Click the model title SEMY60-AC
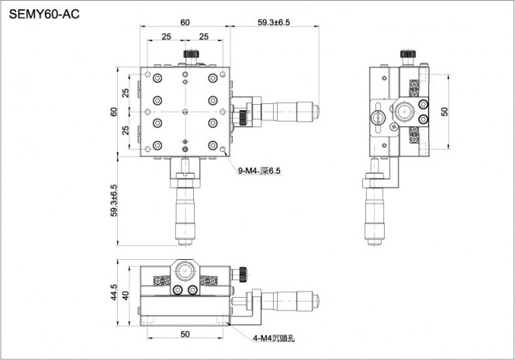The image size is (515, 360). point(44,14)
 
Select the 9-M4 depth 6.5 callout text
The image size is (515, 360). point(259,171)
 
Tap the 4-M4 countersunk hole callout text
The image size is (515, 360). point(274,338)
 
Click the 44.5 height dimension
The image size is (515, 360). point(114,292)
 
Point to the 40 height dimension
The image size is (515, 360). point(126,296)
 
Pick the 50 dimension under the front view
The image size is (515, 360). point(185,334)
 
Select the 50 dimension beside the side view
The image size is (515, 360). point(444,112)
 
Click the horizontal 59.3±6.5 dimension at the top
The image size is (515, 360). point(274,22)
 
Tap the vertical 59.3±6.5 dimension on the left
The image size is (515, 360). point(114,200)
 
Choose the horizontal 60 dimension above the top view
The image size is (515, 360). point(185,22)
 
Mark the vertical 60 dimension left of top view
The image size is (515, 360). point(114,112)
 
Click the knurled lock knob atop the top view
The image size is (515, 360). point(191,54)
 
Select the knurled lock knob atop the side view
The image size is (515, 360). point(408,54)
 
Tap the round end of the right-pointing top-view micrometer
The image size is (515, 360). point(316,112)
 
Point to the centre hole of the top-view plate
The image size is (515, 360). point(185,112)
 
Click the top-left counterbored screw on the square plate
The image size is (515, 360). point(157,78)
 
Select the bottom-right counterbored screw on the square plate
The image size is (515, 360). point(213,145)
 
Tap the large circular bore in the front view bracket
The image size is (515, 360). point(185,272)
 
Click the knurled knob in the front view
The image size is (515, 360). point(243,275)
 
